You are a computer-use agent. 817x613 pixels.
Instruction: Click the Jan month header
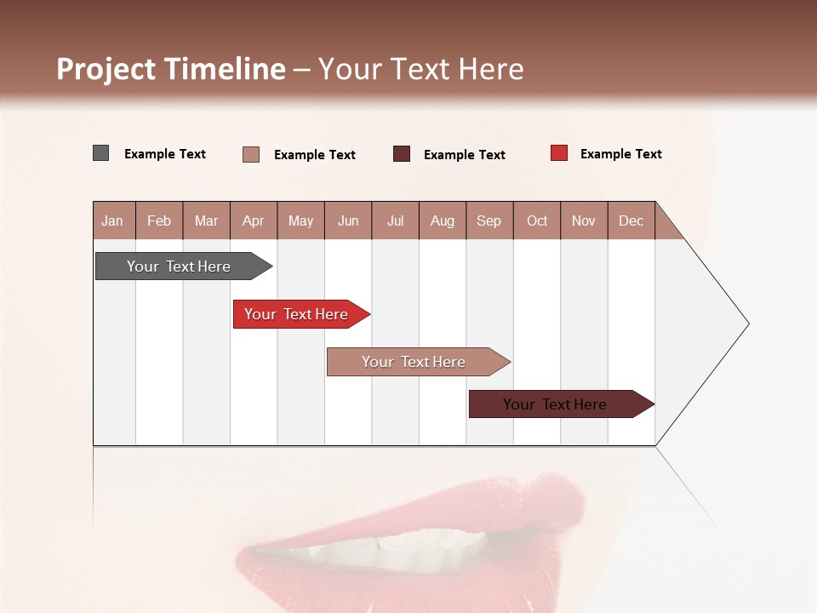[113, 221]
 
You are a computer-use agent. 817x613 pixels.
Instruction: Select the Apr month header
[254, 221]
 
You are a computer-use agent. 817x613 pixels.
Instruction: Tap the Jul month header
[395, 221]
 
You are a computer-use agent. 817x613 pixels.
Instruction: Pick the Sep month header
[488, 221]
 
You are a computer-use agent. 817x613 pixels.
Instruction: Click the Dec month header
[631, 221]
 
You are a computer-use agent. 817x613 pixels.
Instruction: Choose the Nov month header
[584, 221]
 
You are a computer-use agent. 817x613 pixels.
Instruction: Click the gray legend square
[100, 153]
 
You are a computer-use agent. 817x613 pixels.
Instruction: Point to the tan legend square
[250, 154]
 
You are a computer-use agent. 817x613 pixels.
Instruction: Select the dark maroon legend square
[402, 154]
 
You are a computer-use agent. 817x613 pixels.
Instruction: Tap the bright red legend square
[559, 153]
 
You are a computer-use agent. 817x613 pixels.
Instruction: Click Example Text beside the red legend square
[620, 154]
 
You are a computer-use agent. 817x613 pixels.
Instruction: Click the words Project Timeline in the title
[170, 69]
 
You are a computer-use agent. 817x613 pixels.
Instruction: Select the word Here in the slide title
[491, 69]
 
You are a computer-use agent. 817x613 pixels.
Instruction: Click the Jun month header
[348, 221]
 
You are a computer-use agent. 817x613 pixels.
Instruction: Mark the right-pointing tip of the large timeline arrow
[747, 324]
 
